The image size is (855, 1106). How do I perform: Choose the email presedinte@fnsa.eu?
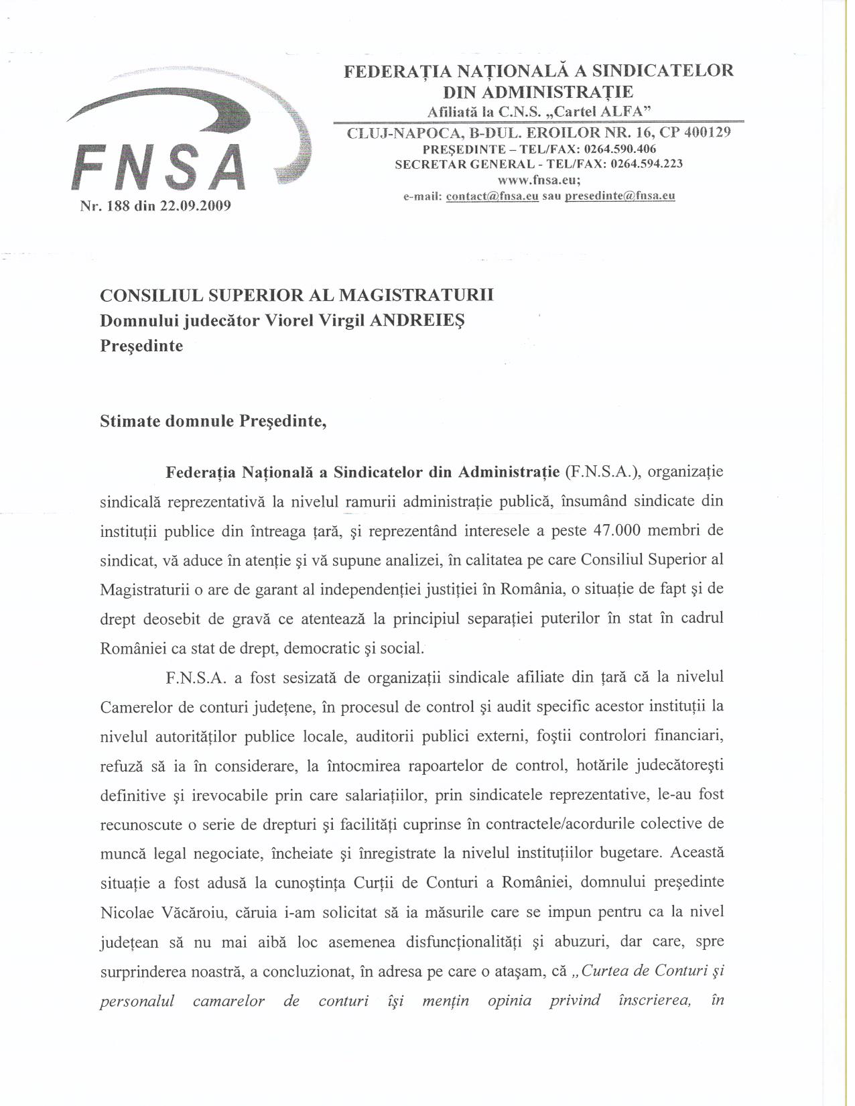(620, 196)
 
